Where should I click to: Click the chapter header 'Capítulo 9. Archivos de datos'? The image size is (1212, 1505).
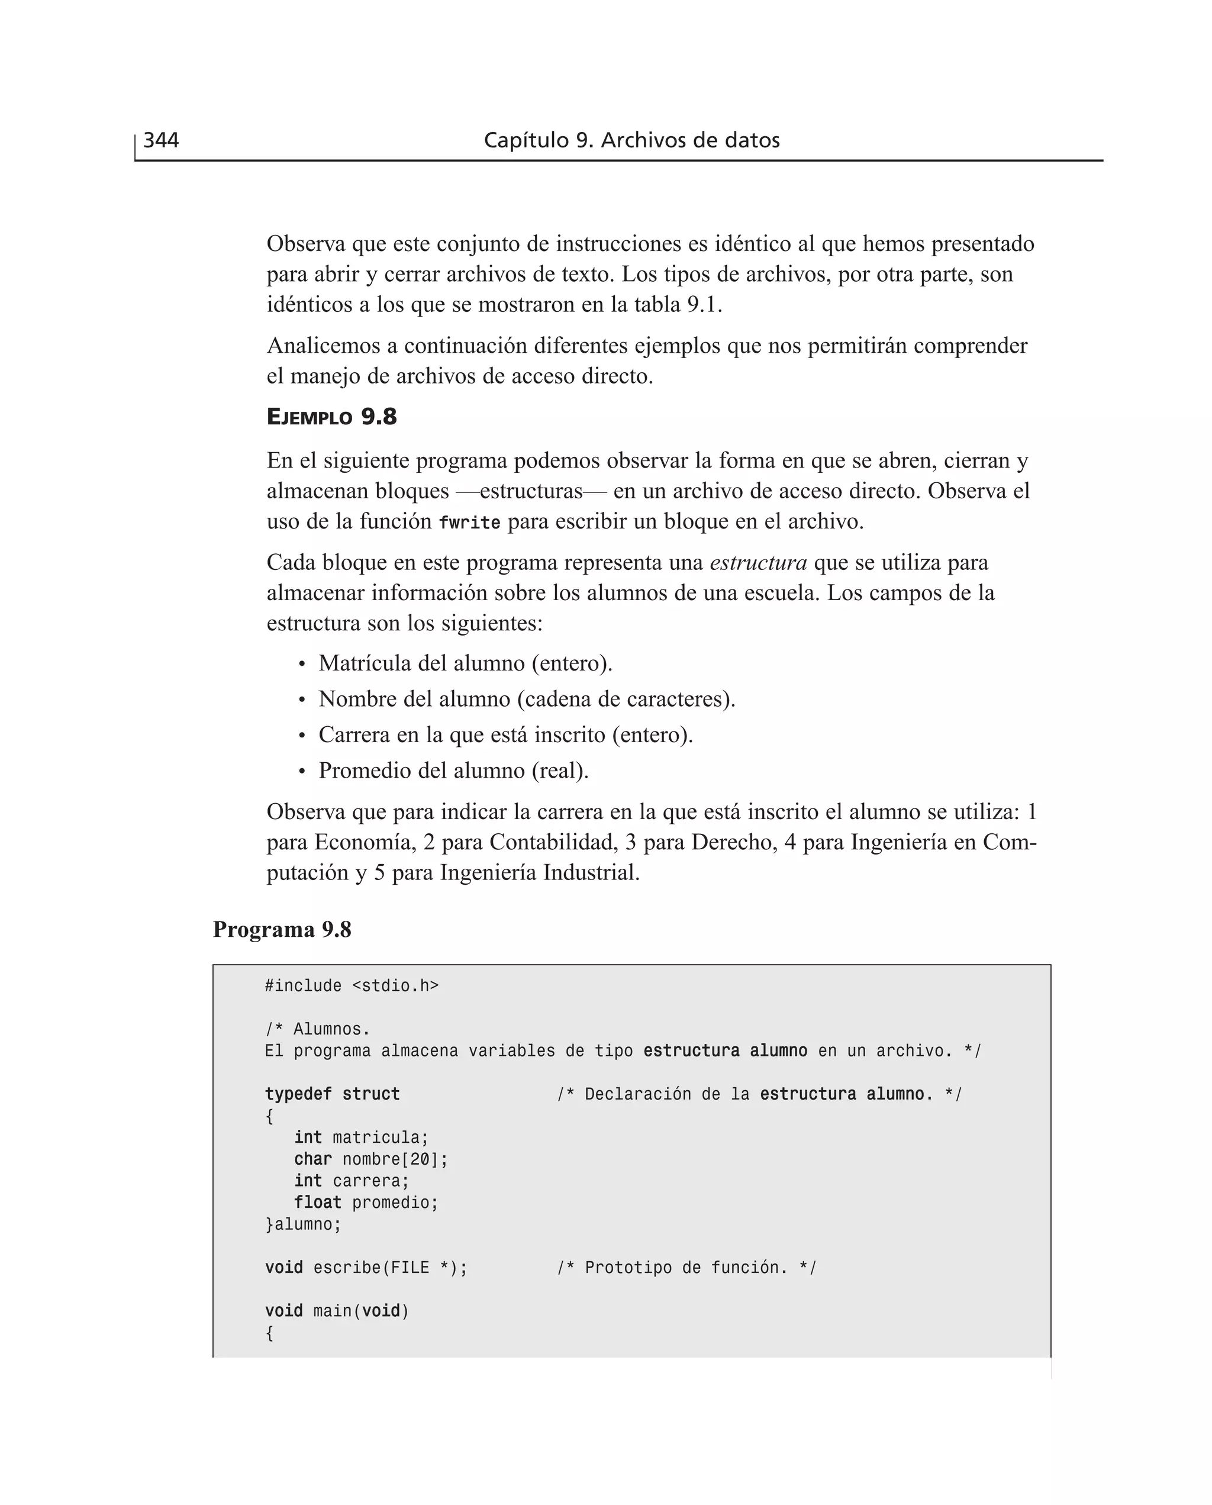click(x=631, y=140)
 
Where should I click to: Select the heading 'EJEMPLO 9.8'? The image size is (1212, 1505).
click(x=331, y=417)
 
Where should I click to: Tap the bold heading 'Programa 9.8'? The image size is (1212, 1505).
click(x=282, y=929)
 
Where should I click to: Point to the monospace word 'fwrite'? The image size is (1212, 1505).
click(x=469, y=522)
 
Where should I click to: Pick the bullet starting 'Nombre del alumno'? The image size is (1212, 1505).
click(x=527, y=699)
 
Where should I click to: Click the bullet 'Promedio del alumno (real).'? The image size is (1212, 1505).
click(x=453, y=770)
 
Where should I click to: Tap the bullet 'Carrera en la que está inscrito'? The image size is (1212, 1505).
click(x=505, y=734)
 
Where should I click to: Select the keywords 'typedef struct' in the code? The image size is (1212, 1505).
click(x=333, y=1094)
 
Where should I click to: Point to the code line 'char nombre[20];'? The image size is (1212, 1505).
click(x=370, y=1159)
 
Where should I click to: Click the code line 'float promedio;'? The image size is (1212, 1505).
click(x=366, y=1203)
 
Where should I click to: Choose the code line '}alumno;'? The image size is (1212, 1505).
click(x=303, y=1224)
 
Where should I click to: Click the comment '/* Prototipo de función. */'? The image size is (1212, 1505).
click(x=686, y=1268)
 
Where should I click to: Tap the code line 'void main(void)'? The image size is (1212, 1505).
click(x=337, y=1311)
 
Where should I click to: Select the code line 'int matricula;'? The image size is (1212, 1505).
click(x=361, y=1138)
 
